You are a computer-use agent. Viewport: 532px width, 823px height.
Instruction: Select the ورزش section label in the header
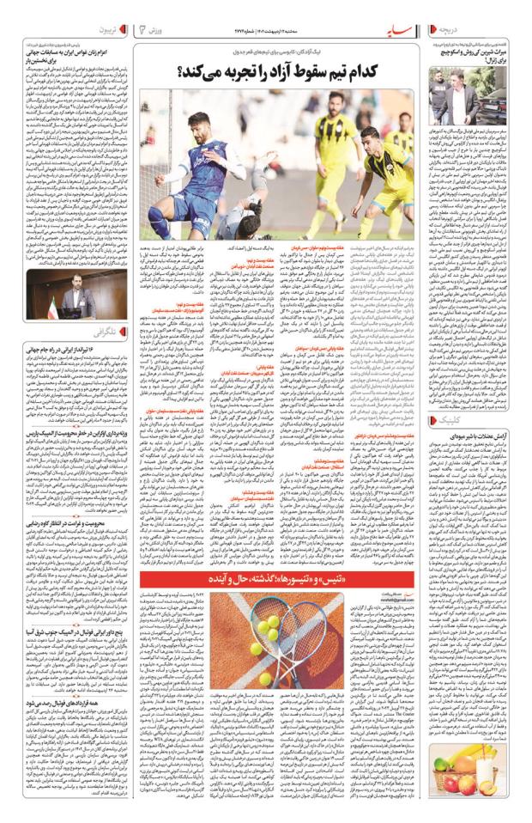click(x=153, y=31)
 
